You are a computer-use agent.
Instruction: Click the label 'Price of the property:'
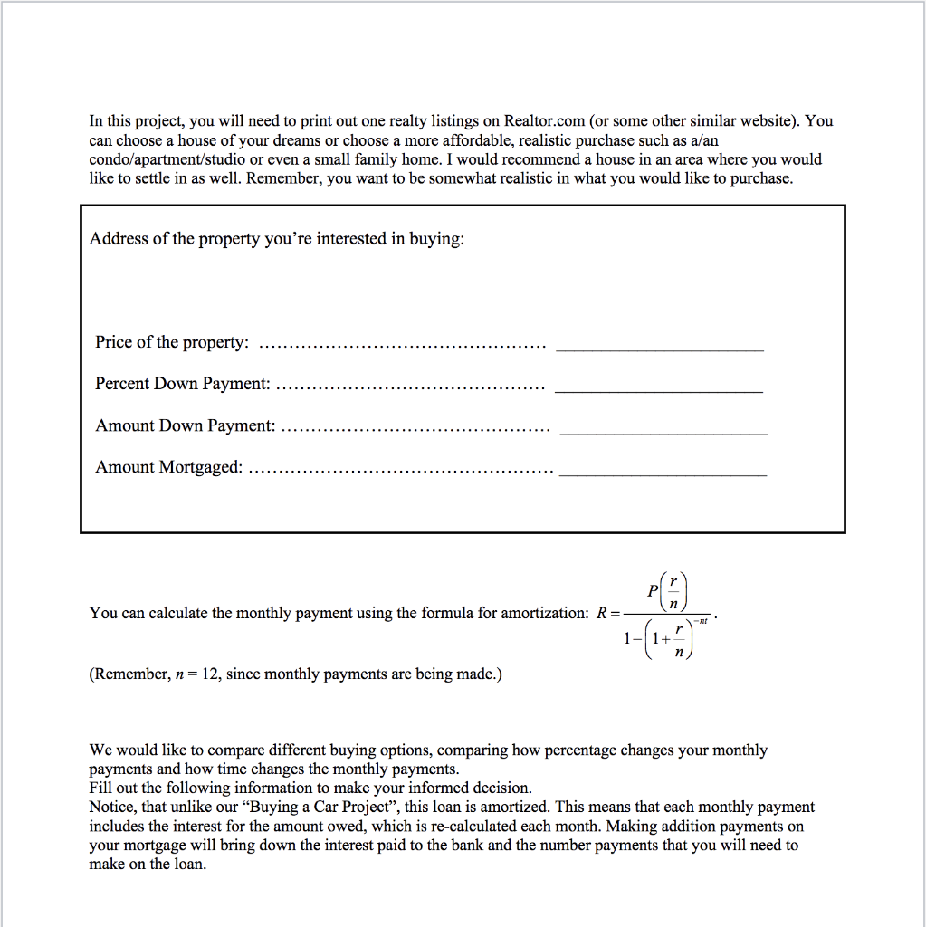coord(172,342)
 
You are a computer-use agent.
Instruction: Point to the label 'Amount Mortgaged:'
coord(169,467)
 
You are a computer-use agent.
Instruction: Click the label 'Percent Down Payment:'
coord(183,384)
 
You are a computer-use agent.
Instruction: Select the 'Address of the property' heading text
coord(277,239)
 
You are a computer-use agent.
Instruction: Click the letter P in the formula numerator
coord(654,589)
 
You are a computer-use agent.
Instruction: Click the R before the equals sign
coord(601,614)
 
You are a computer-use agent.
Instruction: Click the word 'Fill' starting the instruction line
coord(100,788)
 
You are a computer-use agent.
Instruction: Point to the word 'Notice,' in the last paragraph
coord(112,807)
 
